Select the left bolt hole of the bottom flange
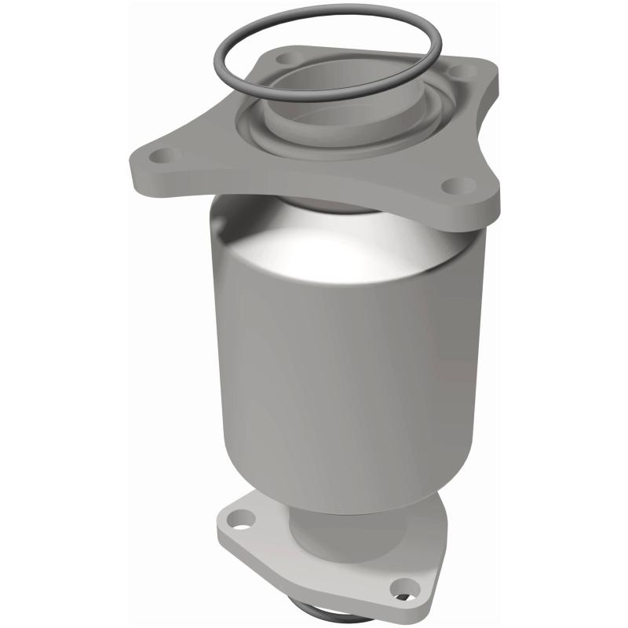[x=244, y=519]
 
